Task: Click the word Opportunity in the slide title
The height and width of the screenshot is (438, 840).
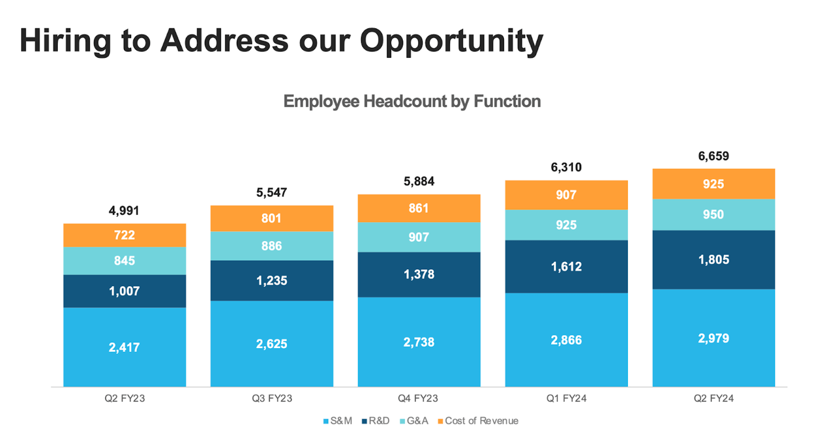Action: pyautogui.click(x=451, y=41)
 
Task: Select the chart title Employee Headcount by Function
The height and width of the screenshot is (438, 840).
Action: pyautogui.click(x=411, y=101)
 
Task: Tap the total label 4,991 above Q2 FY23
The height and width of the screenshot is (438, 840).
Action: pyautogui.click(x=124, y=211)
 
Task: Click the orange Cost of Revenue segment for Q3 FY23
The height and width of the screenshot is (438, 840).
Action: pyautogui.click(x=272, y=219)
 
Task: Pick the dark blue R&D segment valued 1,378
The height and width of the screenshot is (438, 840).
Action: pyautogui.click(x=419, y=274)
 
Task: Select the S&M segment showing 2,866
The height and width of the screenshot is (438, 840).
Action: pyautogui.click(x=566, y=339)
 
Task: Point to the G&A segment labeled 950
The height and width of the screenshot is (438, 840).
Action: pyautogui.click(x=713, y=215)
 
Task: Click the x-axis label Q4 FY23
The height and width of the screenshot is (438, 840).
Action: pyautogui.click(x=419, y=398)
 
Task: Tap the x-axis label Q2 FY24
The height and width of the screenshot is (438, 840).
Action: pyautogui.click(x=713, y=398)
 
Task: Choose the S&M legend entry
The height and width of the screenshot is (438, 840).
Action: pyautogui.click(x=339, y=420)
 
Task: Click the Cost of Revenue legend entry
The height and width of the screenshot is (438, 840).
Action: pyautogui.click(x=477, y=420)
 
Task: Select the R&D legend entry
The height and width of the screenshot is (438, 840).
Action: pyautogui.click(x=376, y=420)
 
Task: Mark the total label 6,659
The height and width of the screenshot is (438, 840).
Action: pyautogui.click(x=713, y=156)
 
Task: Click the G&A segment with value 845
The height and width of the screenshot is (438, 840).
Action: pyautogui.click(x=125, y=261)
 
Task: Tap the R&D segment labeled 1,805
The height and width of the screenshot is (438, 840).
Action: pyautogui.click(x=713, y=259)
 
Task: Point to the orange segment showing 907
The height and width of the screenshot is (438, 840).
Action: pyautogui.click(x=566, y=195)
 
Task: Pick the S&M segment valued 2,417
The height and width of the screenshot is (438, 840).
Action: pyautogui.click(x=125, y=347)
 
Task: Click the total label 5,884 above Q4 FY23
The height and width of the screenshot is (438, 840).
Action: pyautogui.click(x=419, y=181)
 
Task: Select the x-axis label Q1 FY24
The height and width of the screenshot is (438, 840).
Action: pyautogui.click(x=566, y=398)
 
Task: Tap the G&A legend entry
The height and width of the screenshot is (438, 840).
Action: pyautogui.click(x=413, y=420)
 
